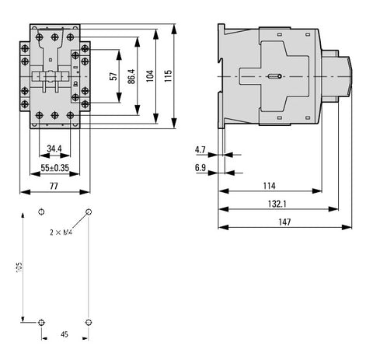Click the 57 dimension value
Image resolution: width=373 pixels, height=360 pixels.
113,76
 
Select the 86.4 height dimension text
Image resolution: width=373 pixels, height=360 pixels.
131,76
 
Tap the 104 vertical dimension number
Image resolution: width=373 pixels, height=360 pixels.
150,76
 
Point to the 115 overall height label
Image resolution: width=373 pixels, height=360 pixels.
168,75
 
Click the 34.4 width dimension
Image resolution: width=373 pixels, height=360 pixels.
54,149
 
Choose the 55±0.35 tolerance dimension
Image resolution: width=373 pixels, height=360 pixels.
55,168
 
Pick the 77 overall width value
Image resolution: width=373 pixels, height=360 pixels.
54,186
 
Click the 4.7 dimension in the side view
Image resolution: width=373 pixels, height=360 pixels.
200,149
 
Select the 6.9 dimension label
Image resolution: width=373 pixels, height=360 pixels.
200,168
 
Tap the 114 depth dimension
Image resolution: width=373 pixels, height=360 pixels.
270,186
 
